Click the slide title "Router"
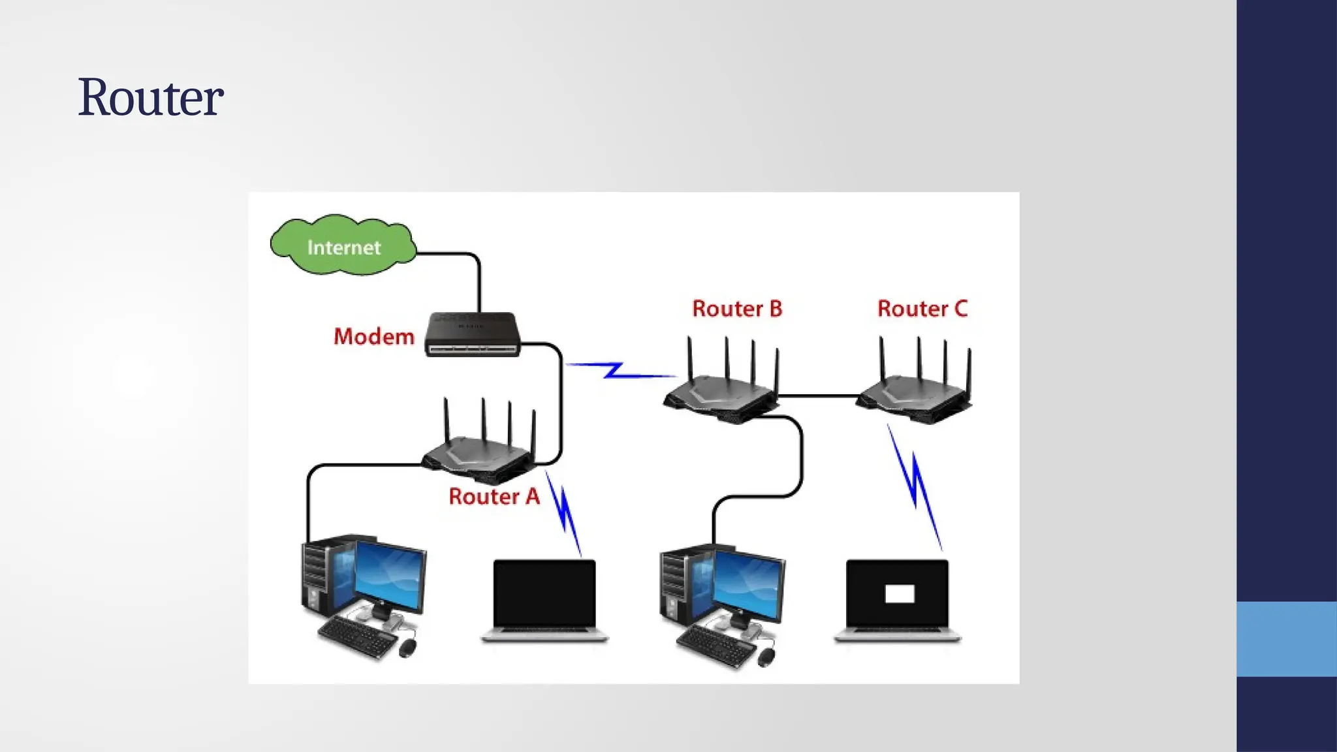(151, 98)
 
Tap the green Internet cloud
(343, 246)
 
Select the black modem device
(473, 334)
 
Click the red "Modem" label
(373, 337)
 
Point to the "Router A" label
(494, 497)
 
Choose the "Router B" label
(737, 309)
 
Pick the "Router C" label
(922, 309)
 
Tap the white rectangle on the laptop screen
(899, 593)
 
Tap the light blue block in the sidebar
(1286, 638)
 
